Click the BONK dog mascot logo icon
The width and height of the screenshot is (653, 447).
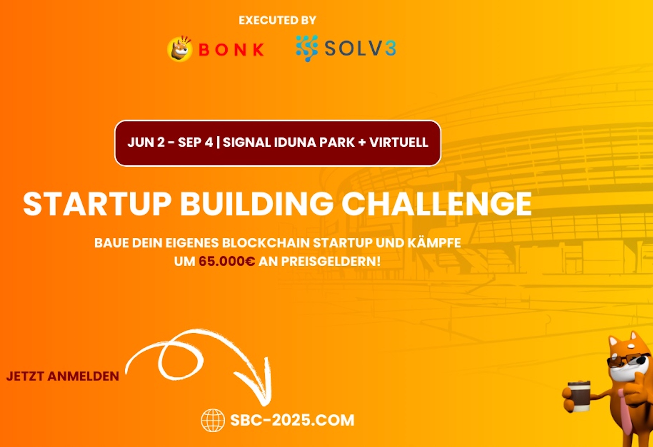(180, 49)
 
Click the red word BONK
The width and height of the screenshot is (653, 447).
(231, 50)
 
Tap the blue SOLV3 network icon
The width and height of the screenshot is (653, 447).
(307, 48)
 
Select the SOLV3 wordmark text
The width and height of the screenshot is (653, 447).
(360, 48)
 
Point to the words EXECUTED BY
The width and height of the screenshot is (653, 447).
(277, 20)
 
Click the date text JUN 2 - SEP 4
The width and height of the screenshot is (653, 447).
(170, 143)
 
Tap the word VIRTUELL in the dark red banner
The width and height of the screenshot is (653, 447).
(399, 143)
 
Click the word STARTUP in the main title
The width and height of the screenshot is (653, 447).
(97, 204)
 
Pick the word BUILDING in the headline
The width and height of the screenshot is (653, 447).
(257, 204)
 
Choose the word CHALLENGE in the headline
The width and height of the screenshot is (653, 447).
(437, 204)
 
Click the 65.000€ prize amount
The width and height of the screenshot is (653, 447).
(227, 262)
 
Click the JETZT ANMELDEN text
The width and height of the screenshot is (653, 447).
(63, 376)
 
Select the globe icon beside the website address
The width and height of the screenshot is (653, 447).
(213, 420)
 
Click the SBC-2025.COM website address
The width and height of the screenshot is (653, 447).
(292, 420)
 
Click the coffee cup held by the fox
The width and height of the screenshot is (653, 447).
(579, 396)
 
